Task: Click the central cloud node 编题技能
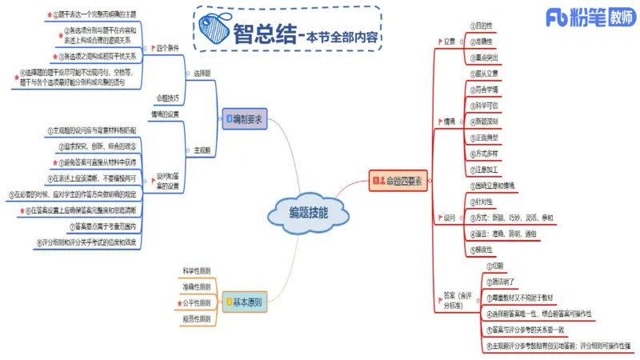pyautogui.click(x=307, y=214)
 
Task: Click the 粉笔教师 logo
pyautogui.click(x=588, y=18)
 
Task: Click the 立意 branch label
pyautogui.click(x=450, y=40)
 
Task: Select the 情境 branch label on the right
pyautogui.click(x=450, y=122)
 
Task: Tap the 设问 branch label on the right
pyautogui.click(x=449, y=217)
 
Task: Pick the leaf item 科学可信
pyautogui.click(x=489, y=106)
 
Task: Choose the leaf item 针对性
pyautogui.click(x=487, y=202)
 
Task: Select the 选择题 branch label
pyautogui.click(x=202, y=73)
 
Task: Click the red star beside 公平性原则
pyautogui.click(x=179, y=304)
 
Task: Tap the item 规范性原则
pyautogui.click(x=197, y=319)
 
